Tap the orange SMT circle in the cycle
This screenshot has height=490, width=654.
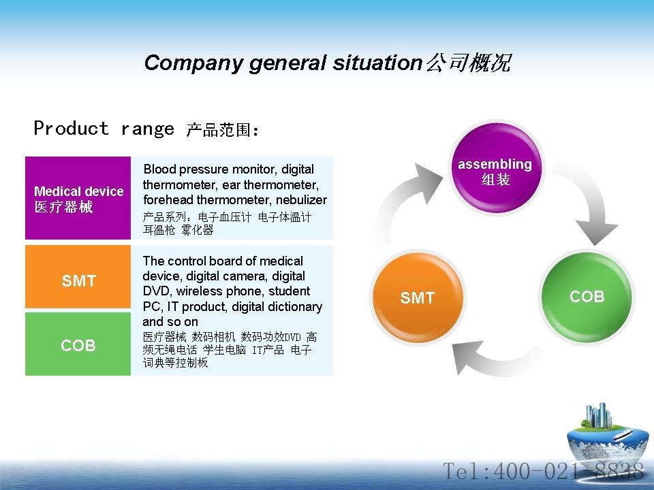click(418, 297)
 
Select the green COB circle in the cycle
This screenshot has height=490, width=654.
click(587, 296)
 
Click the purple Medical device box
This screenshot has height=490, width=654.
click(78, 198)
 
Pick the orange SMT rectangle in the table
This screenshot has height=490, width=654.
click(78, 277)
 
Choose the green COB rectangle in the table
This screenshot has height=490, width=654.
click(78, 344)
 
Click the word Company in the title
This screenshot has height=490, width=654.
click(193, 63)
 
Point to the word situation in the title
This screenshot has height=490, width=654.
click(377, 63)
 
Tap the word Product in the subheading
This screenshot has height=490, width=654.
click(72, 128)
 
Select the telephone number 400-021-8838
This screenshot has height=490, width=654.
click(568, 471)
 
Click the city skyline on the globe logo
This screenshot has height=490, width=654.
click(599, 415)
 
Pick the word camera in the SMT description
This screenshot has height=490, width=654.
click(246, 276)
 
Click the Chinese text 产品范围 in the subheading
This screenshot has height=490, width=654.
click(219, 130)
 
